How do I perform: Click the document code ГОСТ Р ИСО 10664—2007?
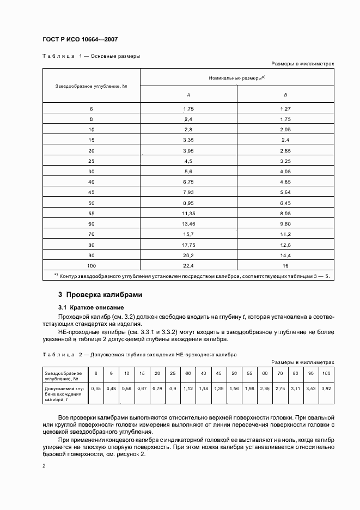point(80,40)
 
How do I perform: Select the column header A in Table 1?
point(188,95)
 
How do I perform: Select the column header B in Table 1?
point(285,95)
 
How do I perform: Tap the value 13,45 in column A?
point(188,223)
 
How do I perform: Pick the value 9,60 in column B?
point(285,223)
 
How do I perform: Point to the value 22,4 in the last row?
point(188,265)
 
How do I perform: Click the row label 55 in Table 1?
point(91,213)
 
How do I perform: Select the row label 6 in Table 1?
point(91,109)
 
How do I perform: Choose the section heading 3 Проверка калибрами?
point(100,295)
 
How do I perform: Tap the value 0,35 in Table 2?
point(96,388)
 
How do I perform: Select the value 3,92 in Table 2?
point(326,388)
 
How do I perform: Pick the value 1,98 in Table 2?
point(249,388)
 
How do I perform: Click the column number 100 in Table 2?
point(326,373)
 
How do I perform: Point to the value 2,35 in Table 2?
point(265,388)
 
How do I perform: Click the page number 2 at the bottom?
point(44,466)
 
